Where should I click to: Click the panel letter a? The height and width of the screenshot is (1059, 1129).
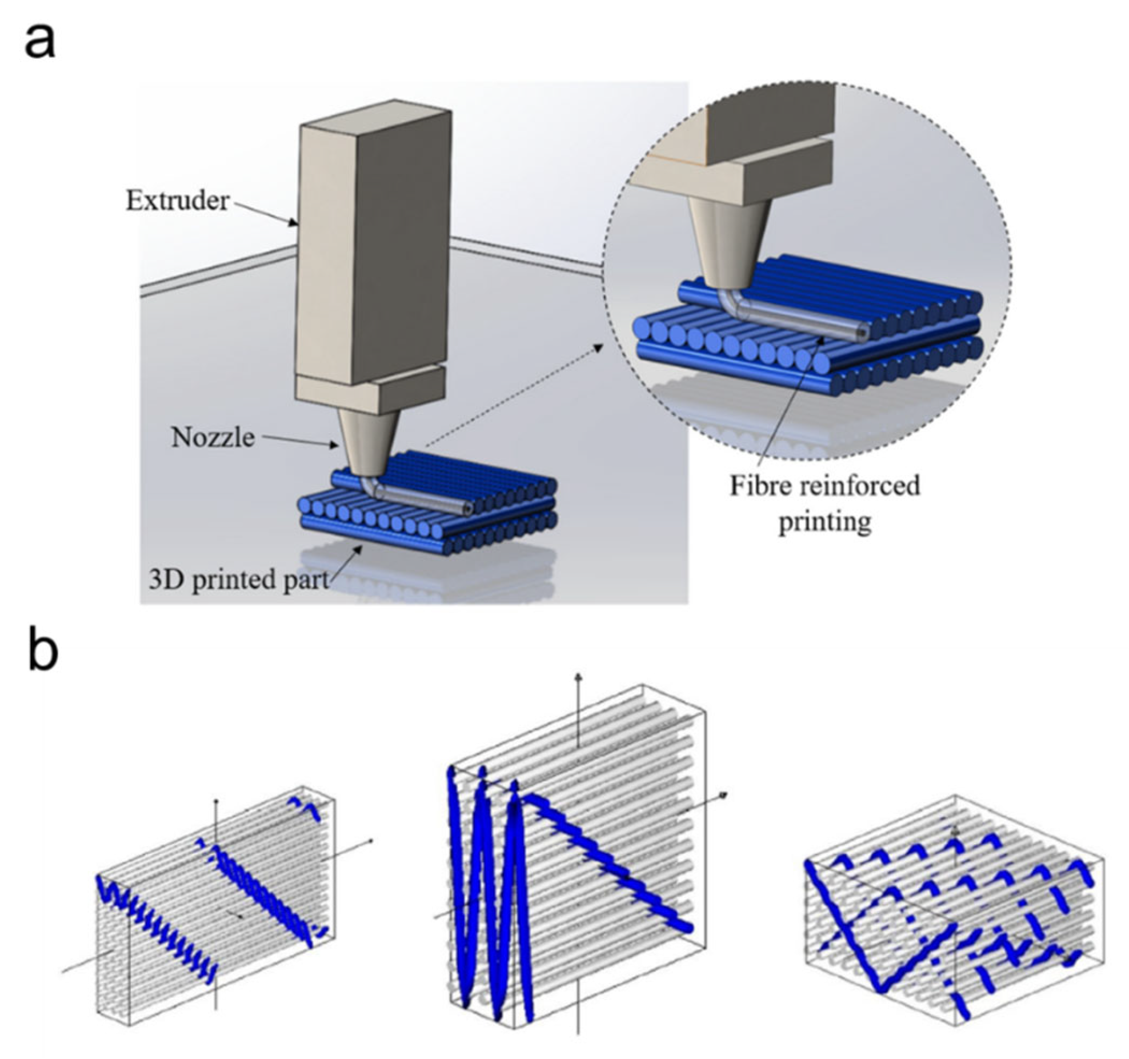coord(40,43)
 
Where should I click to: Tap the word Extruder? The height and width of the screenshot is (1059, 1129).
coord(177,201)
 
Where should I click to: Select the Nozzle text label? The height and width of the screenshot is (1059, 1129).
coord(213,438)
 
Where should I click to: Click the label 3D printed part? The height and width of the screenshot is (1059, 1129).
coord(238,579)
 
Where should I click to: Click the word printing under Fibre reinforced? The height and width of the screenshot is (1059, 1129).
coord(824,521)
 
